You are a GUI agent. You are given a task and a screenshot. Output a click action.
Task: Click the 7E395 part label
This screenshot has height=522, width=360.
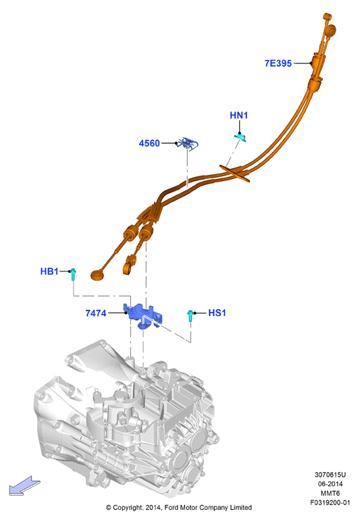click(278, 63)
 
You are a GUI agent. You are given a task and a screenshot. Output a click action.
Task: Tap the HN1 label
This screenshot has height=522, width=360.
click(239, 115)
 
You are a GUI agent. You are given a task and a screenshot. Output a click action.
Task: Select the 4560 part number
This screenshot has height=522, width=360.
click(149, 143)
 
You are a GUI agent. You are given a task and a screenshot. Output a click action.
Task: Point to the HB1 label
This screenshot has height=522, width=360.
click(49, 271)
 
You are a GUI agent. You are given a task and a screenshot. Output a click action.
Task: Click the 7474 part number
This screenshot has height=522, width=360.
click(96, 313)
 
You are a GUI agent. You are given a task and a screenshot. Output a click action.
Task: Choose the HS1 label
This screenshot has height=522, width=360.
click(217, 313)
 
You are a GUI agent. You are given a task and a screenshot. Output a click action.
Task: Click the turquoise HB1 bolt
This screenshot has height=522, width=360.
click(73, 274)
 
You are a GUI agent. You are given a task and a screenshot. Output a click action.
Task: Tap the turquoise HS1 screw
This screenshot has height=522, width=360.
click(190, 315)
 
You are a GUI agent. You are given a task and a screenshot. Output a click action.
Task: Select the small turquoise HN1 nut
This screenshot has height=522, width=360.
click(240, 136)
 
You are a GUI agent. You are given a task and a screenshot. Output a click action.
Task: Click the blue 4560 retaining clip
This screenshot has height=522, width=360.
click(188, 143)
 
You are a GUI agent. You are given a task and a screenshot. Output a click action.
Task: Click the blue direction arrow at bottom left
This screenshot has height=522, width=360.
click(24, 486)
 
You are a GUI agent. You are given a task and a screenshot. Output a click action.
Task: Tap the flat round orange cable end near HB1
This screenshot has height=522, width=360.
click(97, 275)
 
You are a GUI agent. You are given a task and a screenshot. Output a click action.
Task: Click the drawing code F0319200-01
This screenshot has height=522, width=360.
click(330, 502)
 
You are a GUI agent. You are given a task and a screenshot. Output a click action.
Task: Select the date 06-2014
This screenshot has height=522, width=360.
click(330, 484)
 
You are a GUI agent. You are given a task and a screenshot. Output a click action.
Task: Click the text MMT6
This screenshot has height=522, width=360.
click(330, 494)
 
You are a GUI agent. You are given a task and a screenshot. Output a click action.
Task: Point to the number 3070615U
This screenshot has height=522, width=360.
click(330, 475)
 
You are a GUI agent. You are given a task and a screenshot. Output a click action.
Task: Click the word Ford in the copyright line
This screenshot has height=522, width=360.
click(172, 507)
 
